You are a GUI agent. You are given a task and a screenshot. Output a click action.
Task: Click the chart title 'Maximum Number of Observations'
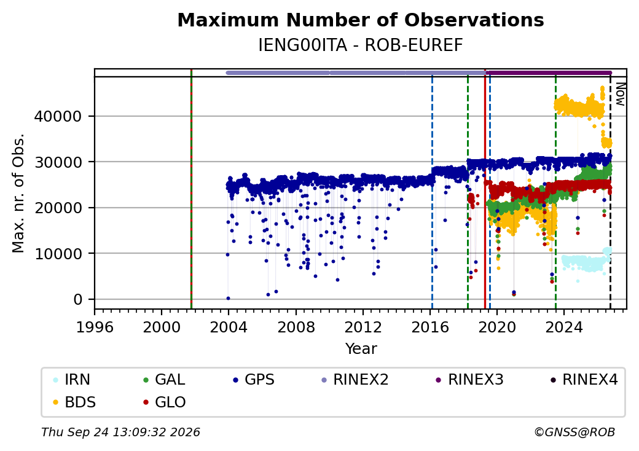click(361, 20)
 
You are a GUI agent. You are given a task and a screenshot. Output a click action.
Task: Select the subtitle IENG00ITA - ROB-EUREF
click(361, 45)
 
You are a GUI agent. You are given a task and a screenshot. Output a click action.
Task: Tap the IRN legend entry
click(72, 380)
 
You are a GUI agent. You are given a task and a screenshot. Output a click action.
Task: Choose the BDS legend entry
click(74, 402)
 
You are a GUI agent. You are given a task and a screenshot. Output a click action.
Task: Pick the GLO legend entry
click(165, 402)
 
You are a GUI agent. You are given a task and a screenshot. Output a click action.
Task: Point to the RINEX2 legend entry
click(355, 380)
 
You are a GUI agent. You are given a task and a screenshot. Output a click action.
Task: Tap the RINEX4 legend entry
click(584, 380)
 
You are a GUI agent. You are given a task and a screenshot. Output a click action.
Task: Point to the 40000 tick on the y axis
click(58, 117)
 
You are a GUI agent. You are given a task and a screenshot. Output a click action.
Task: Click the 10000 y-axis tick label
click(58, 254)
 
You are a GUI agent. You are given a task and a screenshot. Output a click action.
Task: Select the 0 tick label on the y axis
click(78, 299)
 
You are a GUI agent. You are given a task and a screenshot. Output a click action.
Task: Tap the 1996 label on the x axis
click(95, 327)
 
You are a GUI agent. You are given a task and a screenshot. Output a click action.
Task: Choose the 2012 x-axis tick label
click(363, 327)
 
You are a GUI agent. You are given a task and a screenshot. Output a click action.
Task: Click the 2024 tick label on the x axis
click(564, 327)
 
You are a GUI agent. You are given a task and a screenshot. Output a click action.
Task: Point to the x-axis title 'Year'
click(361, 349)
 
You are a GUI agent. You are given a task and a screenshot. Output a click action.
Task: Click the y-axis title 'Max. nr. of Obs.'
click(18, 193)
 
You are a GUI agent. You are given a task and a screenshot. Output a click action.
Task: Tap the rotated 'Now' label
click(620, 94)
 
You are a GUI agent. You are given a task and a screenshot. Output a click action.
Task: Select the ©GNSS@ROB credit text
click(574, 432)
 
